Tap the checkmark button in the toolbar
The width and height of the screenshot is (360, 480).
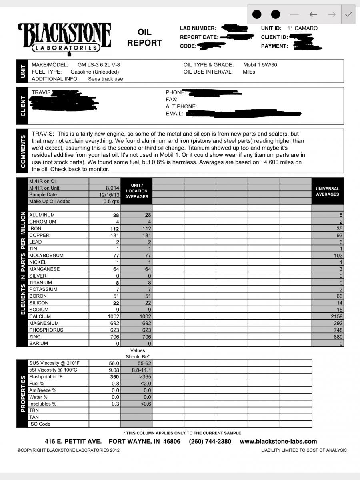(x=348, y=14)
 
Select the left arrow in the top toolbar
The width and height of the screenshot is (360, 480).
(x=313, y=14)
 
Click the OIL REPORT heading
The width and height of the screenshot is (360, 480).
(x=144, y=37)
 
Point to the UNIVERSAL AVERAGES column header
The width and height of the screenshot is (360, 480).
(x=327, y=191)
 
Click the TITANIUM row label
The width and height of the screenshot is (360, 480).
(x=40, y=282)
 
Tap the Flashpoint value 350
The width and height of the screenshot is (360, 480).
(x=114, y=377)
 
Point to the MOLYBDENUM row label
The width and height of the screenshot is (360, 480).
(x=46, y=255)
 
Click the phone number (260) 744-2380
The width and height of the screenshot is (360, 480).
(x=210, y=442)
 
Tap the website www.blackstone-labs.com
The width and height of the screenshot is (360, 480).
(x=278, y=442)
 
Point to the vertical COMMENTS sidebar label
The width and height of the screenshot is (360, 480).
(x=22, y=151)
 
